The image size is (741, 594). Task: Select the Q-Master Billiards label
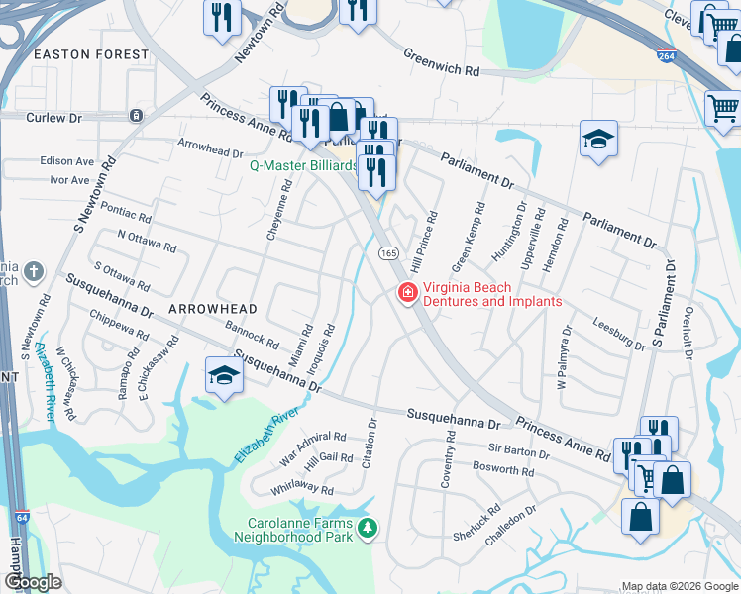303,166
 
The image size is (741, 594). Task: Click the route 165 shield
387,253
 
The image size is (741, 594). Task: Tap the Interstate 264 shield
665,55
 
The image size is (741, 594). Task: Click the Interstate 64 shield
23,517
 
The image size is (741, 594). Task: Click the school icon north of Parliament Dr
598,140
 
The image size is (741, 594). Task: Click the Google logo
34,582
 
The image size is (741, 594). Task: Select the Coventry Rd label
450,457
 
